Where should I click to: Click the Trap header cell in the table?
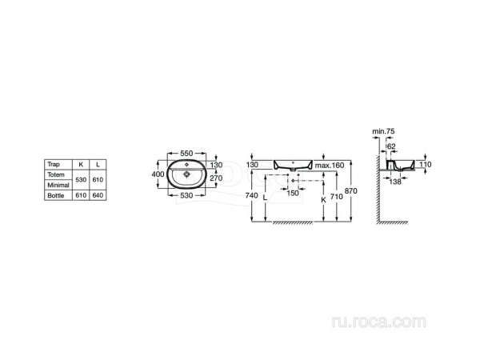click(x=54, y=164)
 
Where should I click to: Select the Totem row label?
click(x=56, y=174)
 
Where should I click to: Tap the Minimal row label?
click(x=58, y=186)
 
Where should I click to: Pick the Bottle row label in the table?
click(x=56, y=195)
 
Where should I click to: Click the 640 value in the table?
click(x=98, y=195)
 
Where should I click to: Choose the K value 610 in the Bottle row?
click(x=81, y=195)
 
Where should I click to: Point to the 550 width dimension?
click(x=186, y=153)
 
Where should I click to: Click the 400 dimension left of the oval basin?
click(x=158, y=174)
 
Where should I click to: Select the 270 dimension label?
click(x=216, y=178)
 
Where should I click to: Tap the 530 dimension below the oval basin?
click(x=186, y=195)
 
